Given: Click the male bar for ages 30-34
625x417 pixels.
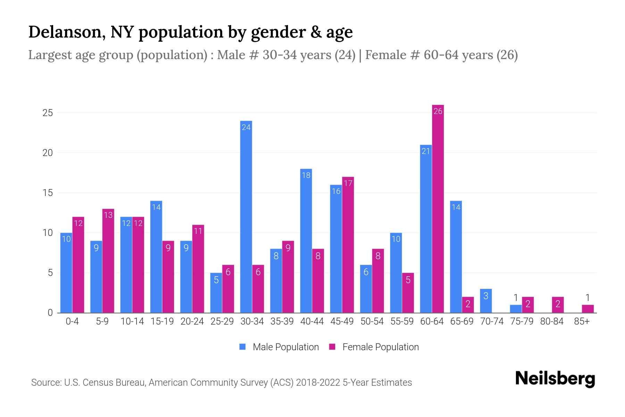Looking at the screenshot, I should coord(246,217).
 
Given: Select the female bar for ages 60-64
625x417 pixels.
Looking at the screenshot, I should coord(438,209).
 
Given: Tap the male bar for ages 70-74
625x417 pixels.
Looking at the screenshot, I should coord(486,301).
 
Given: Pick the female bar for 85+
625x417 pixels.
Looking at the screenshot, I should coord(587,309).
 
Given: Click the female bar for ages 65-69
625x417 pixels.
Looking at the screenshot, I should coord(468,305).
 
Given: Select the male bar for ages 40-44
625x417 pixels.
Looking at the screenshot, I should coord(306,241).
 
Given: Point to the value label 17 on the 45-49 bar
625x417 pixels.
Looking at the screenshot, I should coord(348,183).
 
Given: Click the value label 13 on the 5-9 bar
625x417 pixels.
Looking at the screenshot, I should coord(108,215).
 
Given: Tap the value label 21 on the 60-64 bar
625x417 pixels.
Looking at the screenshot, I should coord(426,151).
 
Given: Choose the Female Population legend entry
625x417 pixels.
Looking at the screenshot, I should coord(374,347).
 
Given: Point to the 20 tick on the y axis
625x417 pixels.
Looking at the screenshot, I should coord(47,153).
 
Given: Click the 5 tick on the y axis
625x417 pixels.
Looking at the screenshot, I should coord(50,273).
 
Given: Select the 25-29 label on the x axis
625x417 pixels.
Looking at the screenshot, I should coord(222,321).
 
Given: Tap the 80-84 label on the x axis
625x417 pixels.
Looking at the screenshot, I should coord(551,321).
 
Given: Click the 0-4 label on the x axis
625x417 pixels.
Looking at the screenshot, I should coord(72,321).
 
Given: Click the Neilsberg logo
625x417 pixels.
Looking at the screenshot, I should coord(555,379).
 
